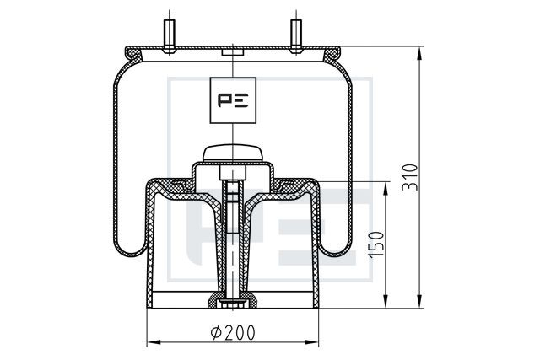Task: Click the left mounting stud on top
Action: coord(169,35)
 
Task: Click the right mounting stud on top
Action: coord(296,35)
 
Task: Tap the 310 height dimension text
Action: coord(410,177)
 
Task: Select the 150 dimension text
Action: coord(376,244)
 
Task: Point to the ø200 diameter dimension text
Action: coord(233,332)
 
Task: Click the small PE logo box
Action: coord(233,100)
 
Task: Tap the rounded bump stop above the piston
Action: coord(233,153)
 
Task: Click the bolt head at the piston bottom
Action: coord(233,304)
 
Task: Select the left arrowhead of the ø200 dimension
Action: coord(154,342)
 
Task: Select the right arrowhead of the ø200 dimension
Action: coord(312,342)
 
